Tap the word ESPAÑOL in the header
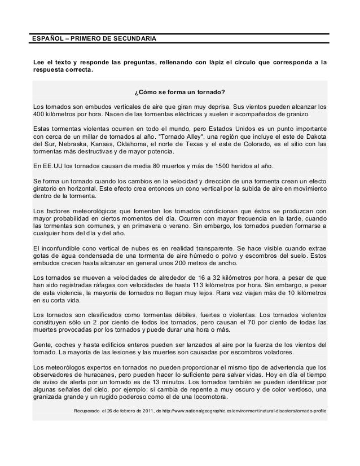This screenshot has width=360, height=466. click(47, 38)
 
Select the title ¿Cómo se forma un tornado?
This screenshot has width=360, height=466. click(179, 92)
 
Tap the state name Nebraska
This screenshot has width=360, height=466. click(70, 144)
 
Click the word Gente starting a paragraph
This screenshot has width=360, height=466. click(43, 344)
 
